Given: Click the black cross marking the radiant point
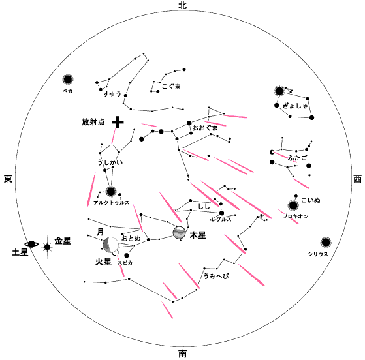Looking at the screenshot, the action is click(x=118, y=122).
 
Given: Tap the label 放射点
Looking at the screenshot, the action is click(x=93, y=122).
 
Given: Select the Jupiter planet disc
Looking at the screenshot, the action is click(x=180, y=232).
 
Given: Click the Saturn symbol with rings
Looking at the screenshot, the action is click(x=31, y=244).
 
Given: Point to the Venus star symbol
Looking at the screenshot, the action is click(x=47, y=247).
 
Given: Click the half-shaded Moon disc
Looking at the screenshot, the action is click(x=110, y=245).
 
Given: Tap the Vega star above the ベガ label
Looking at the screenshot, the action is click(x=68, y=80).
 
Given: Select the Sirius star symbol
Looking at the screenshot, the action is click(x=326, y=243).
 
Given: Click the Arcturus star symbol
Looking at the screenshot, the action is click(x=110, y=192).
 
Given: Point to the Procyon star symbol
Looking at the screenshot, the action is click(x=293, y=205).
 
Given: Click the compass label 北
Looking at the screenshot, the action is click(x=183, y=5).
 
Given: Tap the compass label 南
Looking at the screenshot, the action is click(x=183, y=354).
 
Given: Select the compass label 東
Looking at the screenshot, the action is click(x=8, y=179).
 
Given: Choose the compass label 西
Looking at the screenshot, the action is click(x=358, y=179).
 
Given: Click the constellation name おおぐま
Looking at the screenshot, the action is click(x=205, y=128).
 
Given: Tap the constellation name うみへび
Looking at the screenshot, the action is click(x=216, y=276).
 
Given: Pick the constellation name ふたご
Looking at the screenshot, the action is click(x=297, y=158).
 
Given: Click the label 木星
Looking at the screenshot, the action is click(x=198, y=235).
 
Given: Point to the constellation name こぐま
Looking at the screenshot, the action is click(x=171, y=86).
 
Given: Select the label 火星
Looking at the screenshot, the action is click(x=103, y=262).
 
